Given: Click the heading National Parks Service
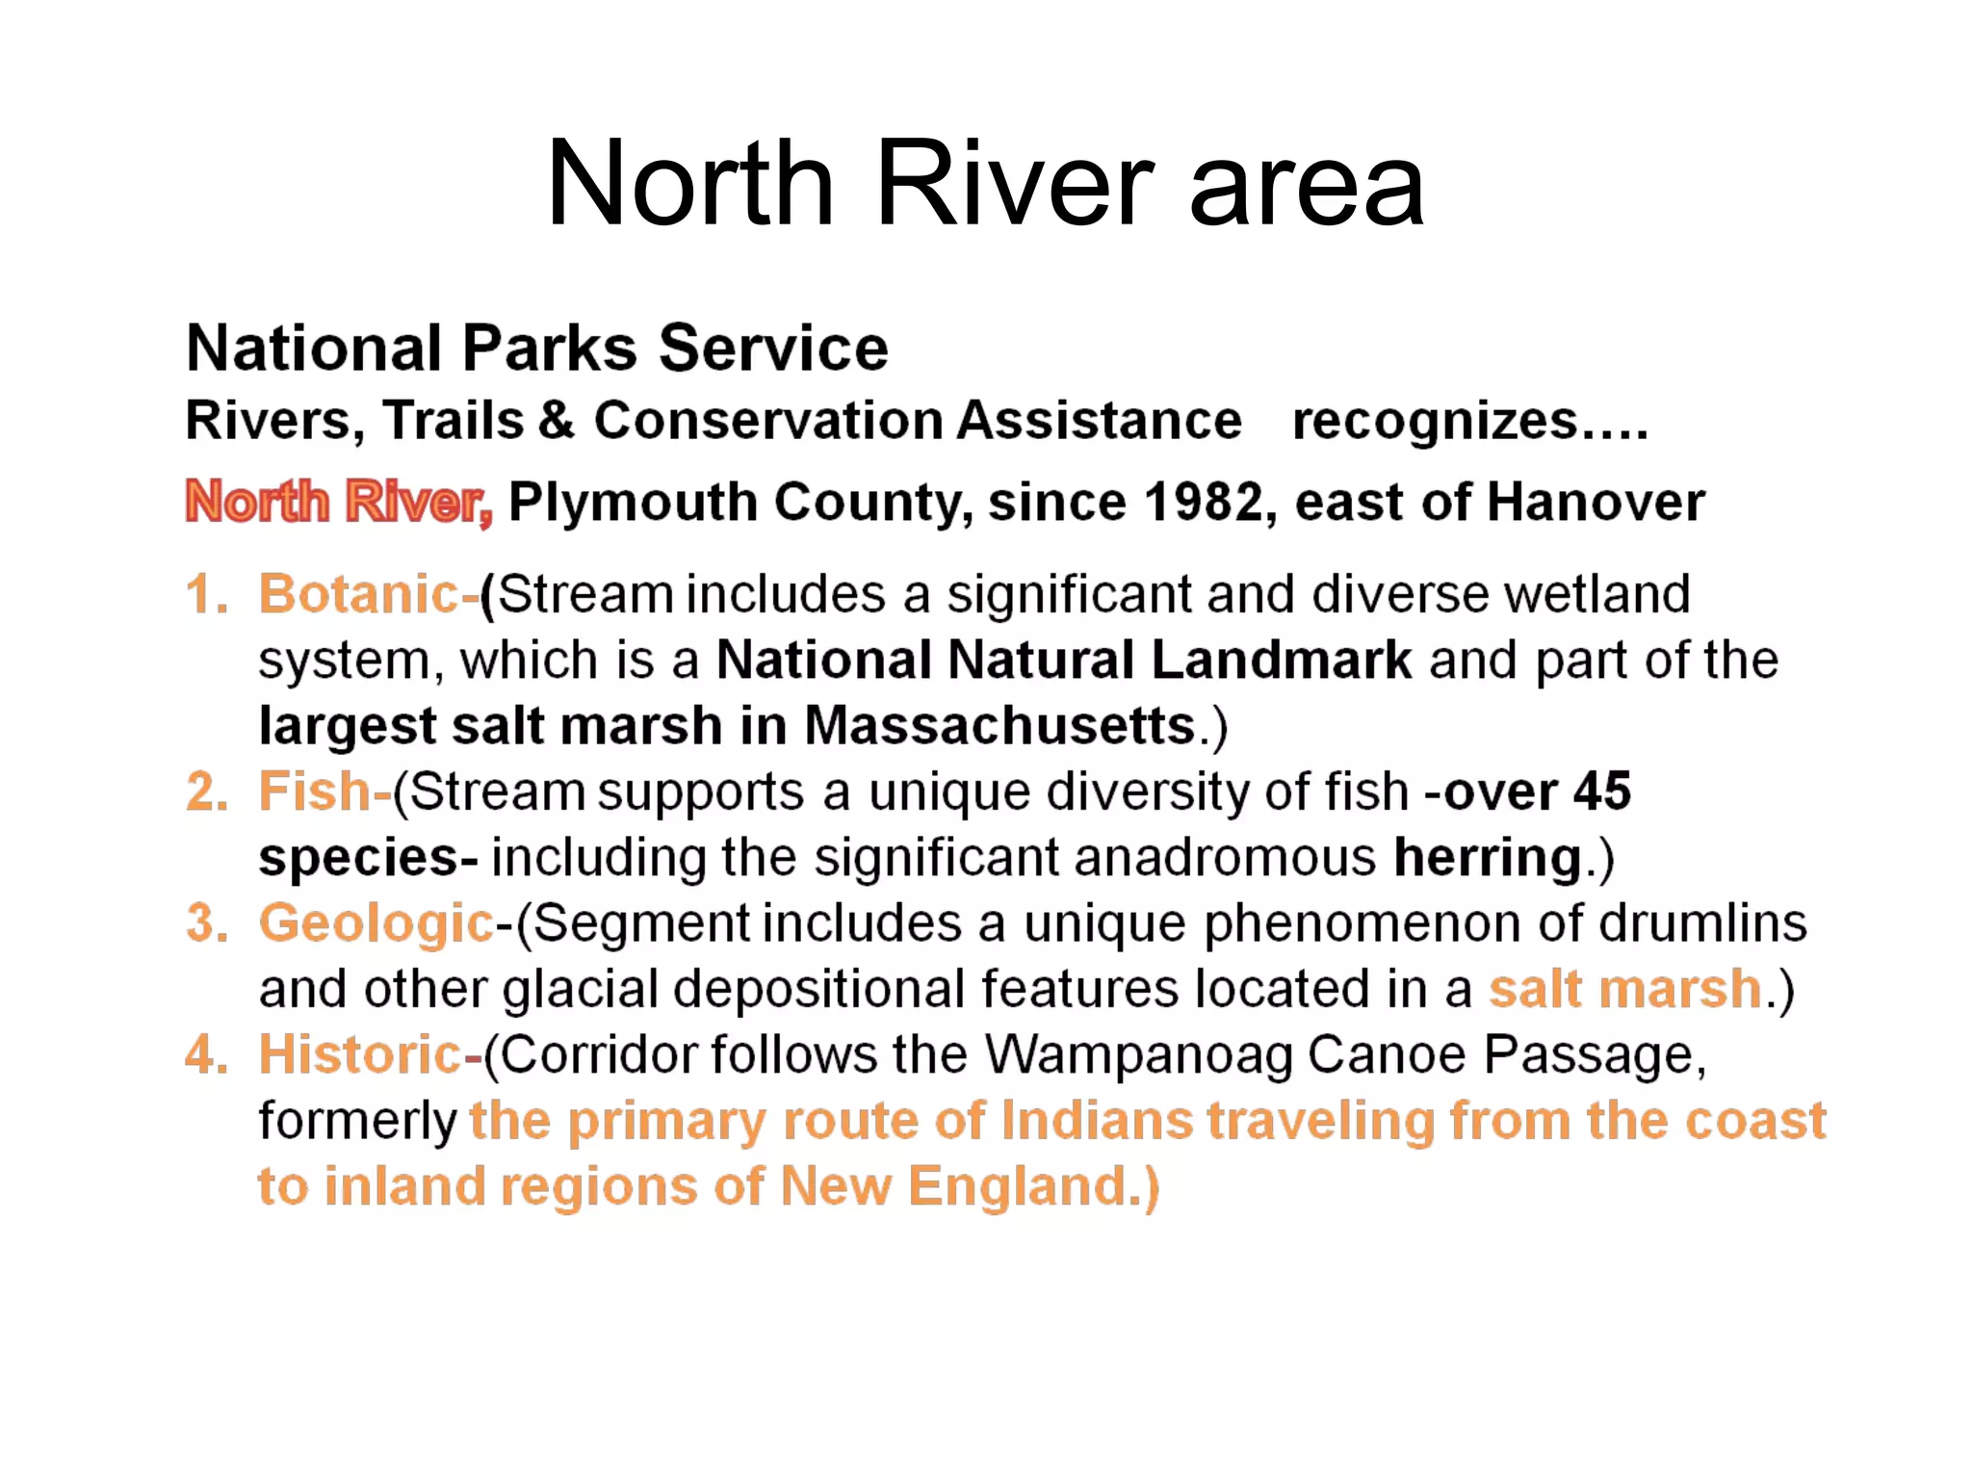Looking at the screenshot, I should (x=536, y=348).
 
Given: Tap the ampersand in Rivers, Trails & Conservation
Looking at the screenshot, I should (x=557, y=421).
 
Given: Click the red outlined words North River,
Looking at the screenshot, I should (x=338, y=502).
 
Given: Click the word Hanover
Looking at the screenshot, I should (x=1595, y=502).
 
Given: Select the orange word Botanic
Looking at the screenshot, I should (x=358, y=593).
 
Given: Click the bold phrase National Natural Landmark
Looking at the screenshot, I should (x=1063, y=661).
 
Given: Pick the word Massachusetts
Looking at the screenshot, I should (x=999, y=725).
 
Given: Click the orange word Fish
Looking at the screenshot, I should (x=314, y=791).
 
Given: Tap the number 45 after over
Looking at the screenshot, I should (x=1601, y=791).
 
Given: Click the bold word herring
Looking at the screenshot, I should (x=1487, y=858).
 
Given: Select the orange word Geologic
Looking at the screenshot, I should (x=376, y=923).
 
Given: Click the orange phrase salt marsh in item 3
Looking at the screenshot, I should (x=1624, y=989).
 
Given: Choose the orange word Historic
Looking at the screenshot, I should (x=360, y=1054).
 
